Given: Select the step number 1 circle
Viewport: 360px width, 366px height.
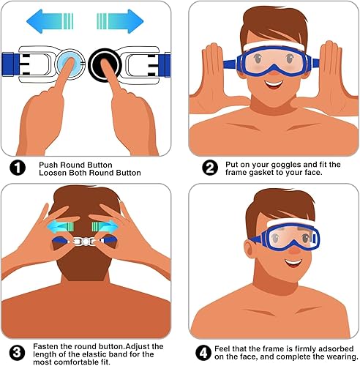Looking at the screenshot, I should [16, 168].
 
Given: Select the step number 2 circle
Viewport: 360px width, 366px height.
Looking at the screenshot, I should [210, 168].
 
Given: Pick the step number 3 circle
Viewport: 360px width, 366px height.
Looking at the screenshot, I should [16, 351].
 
